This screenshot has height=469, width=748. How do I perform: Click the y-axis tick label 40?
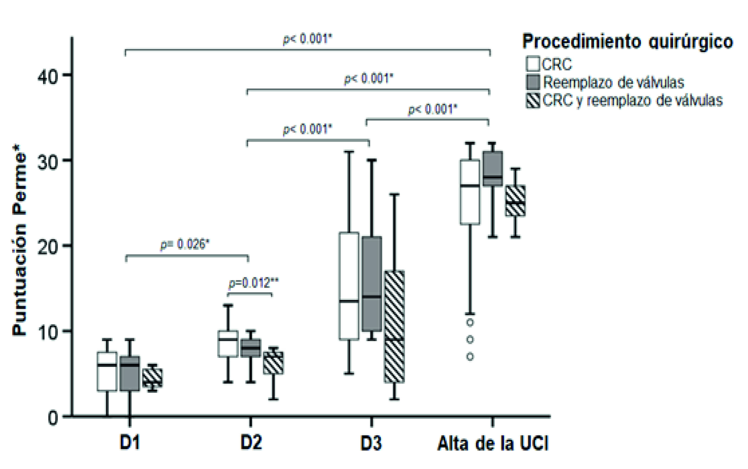(47, 76)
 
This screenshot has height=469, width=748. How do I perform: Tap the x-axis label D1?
(130, 443)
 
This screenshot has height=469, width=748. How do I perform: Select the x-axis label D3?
(371, 443)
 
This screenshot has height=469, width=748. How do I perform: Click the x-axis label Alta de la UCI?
(493, 444)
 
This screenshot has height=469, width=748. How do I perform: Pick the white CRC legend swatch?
(533, 64)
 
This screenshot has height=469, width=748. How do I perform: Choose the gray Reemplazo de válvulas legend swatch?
(533, 82)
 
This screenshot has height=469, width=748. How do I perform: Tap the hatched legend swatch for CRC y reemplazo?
(533, 100)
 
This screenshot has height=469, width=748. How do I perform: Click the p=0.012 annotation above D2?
(253, 283)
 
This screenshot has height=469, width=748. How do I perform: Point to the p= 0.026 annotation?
(185, 244)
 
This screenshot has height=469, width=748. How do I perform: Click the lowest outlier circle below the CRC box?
(470, 357)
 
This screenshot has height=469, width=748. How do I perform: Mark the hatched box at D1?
(152, 378)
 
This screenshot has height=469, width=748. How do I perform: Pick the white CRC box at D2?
(228, 344)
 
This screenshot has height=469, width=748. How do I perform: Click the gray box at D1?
(130, 374)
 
